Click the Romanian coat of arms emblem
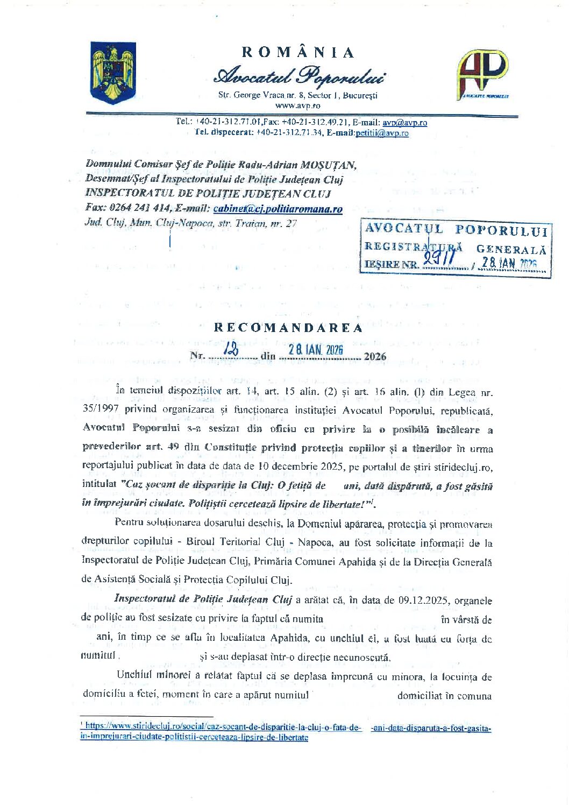click(x=113, y=72)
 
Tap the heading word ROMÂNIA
click(x=298, y=52)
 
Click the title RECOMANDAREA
click(x=288, y=328)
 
